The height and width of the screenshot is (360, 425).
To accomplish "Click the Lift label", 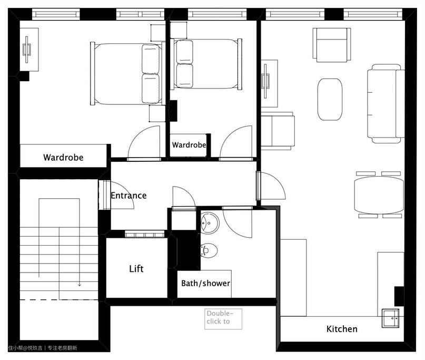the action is (136, 269).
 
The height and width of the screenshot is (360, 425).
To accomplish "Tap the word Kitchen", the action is (342, 329).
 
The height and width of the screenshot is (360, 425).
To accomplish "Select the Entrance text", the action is (129, 196).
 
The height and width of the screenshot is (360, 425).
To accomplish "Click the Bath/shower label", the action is (206, 283).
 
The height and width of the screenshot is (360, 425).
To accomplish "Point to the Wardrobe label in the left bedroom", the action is (63, 158).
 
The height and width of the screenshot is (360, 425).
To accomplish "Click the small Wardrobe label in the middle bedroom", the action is (189, 145).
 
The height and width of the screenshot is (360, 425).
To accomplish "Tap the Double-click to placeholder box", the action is (223, 319).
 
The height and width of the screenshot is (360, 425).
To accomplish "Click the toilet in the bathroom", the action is (209, 250).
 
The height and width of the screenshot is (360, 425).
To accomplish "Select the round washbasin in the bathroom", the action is (210, 223).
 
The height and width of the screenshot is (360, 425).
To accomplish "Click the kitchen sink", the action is (390, 318).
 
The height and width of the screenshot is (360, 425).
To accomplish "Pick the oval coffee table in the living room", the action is (330, 99).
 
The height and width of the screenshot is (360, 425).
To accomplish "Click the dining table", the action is (379, 195).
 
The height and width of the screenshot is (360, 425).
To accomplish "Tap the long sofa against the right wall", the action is (386, 103).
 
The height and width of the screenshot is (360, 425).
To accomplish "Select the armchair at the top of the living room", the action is (332, 45).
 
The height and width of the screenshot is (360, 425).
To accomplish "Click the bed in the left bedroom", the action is (127, 73).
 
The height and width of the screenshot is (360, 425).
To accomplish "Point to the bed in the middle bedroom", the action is (206, 64).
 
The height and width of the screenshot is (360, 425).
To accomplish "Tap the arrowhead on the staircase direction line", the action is (80, 284).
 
